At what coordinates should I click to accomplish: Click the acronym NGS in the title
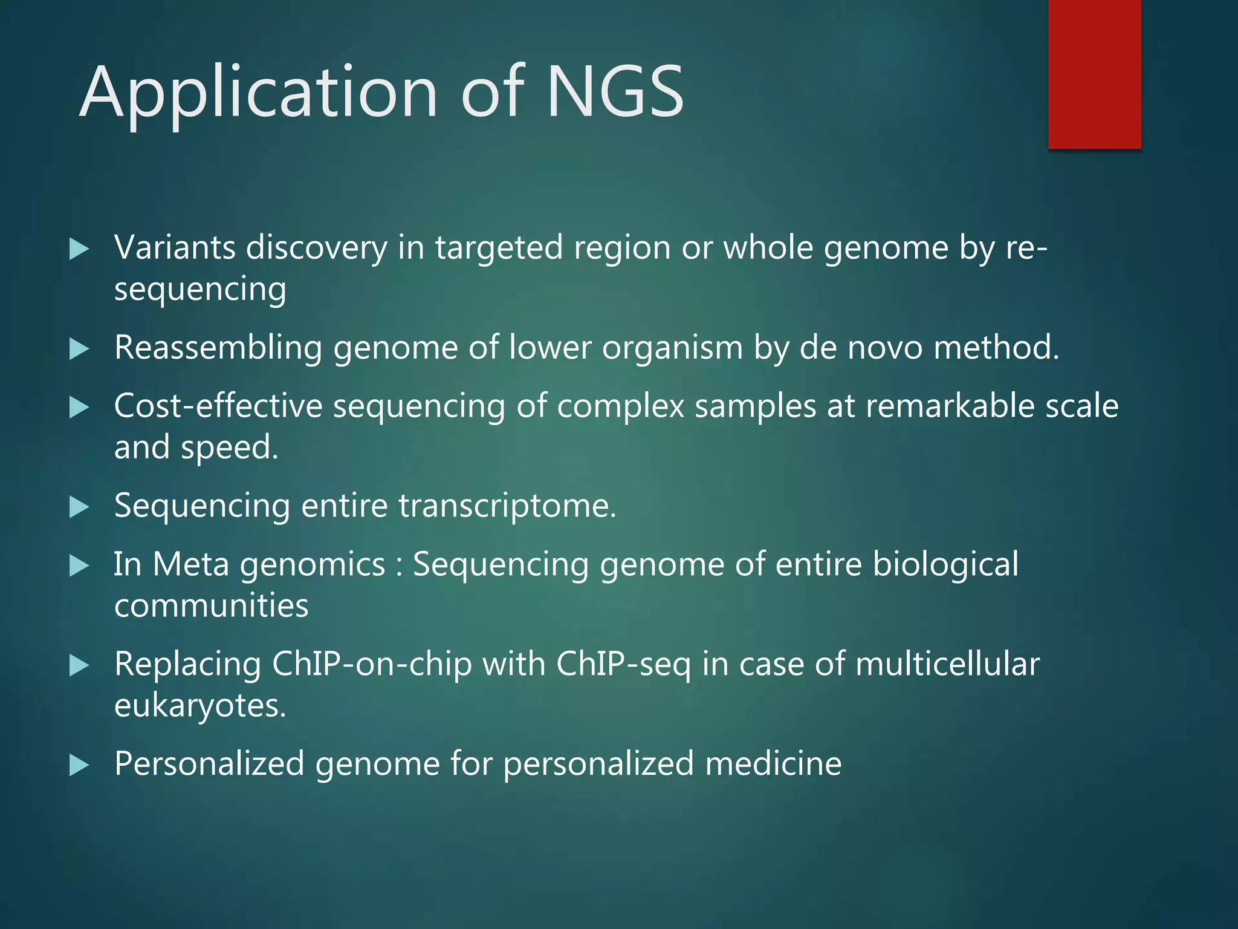tap(615, 92)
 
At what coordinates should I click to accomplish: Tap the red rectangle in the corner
tap(1094, 74)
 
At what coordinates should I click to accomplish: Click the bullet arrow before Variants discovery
tap(79, 249)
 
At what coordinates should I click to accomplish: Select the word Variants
tap(175, 248)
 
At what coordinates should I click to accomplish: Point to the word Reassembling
tap(218, 348)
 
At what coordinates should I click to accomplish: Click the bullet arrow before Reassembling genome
tap(79, 349)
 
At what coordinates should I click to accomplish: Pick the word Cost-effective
tap(218, 406)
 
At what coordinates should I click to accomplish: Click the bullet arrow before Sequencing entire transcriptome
tap(79, 507)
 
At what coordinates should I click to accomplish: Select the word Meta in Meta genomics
tap(191, 564)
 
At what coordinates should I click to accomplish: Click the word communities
tap(212, 606)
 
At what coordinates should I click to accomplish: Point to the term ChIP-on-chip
tap(372, 664)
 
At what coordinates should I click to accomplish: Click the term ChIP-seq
tap(623, 664)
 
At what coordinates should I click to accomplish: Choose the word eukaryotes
tap(199, 706)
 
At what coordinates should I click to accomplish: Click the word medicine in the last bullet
tap(773, 764)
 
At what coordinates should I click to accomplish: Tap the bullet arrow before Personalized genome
tap(79, 765)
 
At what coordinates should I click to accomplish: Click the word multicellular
tap(947, 664)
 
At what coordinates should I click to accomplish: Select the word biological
tap(945, 564)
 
